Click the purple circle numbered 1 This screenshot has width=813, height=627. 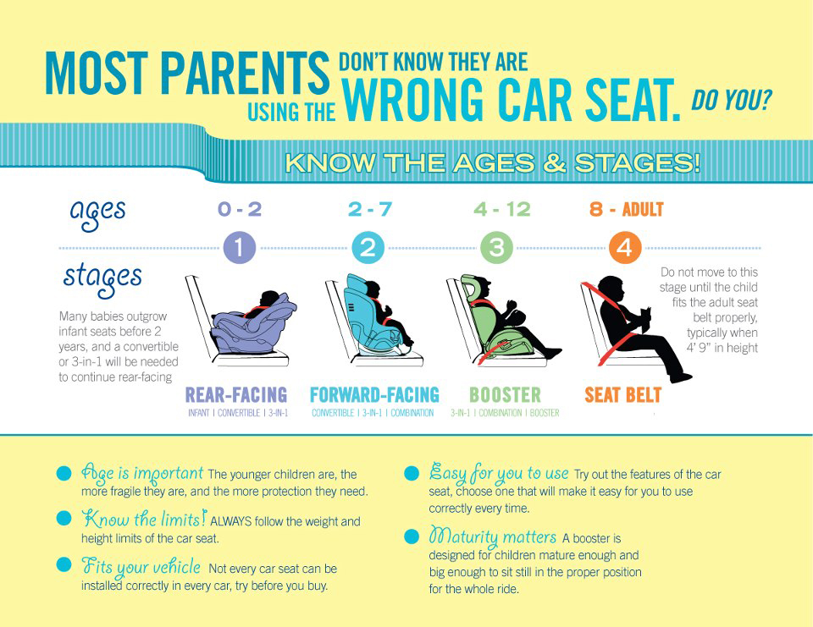point(239,248)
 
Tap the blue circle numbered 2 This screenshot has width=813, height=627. point(368,248)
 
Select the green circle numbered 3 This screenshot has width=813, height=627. point(496,248)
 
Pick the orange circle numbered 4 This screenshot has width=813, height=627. point(625,248)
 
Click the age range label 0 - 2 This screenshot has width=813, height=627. point(240,209)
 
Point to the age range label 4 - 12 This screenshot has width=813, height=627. point(502,209)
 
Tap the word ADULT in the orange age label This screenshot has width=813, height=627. point(643,209)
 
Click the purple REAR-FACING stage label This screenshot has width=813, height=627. point(236,395)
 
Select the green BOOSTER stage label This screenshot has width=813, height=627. point(505,395)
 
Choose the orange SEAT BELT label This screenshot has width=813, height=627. point(622,395)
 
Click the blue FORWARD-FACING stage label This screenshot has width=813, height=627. point(374,395)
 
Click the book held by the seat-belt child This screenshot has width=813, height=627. point(645,319)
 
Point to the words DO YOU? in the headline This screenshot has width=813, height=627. point(732,100)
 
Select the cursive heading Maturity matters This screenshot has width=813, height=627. point(493,536)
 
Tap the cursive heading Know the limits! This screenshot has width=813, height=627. point(144,520)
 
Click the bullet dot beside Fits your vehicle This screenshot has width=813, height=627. point(64,565)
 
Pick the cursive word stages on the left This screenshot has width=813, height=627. point(102,278)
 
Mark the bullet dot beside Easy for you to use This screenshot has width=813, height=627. point(412,473)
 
